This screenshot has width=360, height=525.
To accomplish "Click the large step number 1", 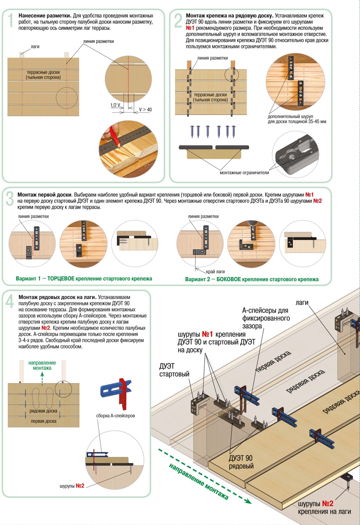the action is click(x=10, y=20).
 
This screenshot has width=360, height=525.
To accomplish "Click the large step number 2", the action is click(x=178, y=20).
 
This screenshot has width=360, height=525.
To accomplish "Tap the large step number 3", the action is click(x=10, y=199).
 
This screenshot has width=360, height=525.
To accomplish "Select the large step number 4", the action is click(x=10, y=302).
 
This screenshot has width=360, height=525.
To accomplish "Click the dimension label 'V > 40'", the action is click(x=145, y=110).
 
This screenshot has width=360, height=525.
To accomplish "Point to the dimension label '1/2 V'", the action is click(x=115, y=105).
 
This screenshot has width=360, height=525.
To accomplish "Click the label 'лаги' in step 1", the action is click(x=35, y=47).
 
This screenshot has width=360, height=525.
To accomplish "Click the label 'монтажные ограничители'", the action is click(x=244, y=173).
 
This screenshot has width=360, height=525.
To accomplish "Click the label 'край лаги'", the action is click(x=215, y=272).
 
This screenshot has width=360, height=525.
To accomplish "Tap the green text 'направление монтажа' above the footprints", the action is click(x=42, y=365).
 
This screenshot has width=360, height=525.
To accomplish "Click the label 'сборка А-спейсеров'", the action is click(x=115, y=415).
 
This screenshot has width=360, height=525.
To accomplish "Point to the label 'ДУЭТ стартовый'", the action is click(x=174, y=370).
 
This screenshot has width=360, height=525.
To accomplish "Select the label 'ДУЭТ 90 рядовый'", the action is click(x=241, y=462).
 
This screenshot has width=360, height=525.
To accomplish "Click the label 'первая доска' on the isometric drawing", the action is click(x=273, y=362).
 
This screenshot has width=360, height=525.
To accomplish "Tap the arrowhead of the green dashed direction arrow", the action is click(x=248, y=501).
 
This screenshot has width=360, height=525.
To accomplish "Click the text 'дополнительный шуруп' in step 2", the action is click(x=290, y=116).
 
